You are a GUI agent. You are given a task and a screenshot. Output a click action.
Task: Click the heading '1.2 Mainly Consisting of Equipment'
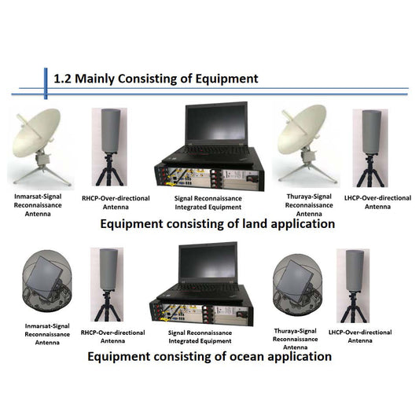tap(155, 79)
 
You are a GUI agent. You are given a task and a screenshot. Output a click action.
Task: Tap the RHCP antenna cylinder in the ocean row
tap(107, 269)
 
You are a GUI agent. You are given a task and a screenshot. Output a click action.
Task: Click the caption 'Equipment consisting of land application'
tap(217, 224)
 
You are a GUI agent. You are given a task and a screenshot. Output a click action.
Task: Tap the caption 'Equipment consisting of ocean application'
tap(209, 356)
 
